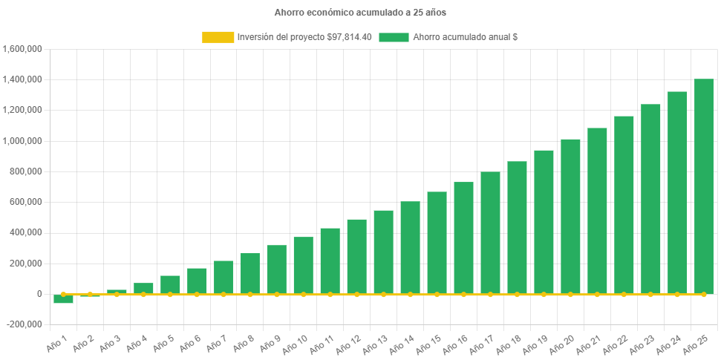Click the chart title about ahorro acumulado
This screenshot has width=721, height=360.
[x=360, y=13]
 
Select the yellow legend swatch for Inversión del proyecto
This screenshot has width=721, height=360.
[x=217, y=37]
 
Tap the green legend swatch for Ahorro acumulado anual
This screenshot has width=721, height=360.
[x=394, y=37]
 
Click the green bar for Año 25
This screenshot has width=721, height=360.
[x=703, y=186]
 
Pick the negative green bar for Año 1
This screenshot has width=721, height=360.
[x=63, y=299]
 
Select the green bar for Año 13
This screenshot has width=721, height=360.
[x=383, y=252]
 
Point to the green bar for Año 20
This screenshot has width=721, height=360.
[x=570, y=216]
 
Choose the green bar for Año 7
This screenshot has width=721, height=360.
[x=224, y=277]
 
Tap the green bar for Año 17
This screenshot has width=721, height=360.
[x=490, y=232]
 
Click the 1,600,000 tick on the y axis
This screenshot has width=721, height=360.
[x=22, y=49]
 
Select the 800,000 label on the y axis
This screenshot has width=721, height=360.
[x=27, y=171]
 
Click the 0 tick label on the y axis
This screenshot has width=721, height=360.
[x=38, y=294]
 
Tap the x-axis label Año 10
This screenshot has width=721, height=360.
[x=294, y=342]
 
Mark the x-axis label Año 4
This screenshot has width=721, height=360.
[x=137, y=344]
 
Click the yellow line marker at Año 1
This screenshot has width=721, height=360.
[x=63, y=294]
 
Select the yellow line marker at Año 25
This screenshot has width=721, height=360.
[x=703, y=294]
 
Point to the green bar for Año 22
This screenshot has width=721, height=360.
[x=624, y=205]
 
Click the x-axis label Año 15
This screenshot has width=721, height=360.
[x=428, y=342]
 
